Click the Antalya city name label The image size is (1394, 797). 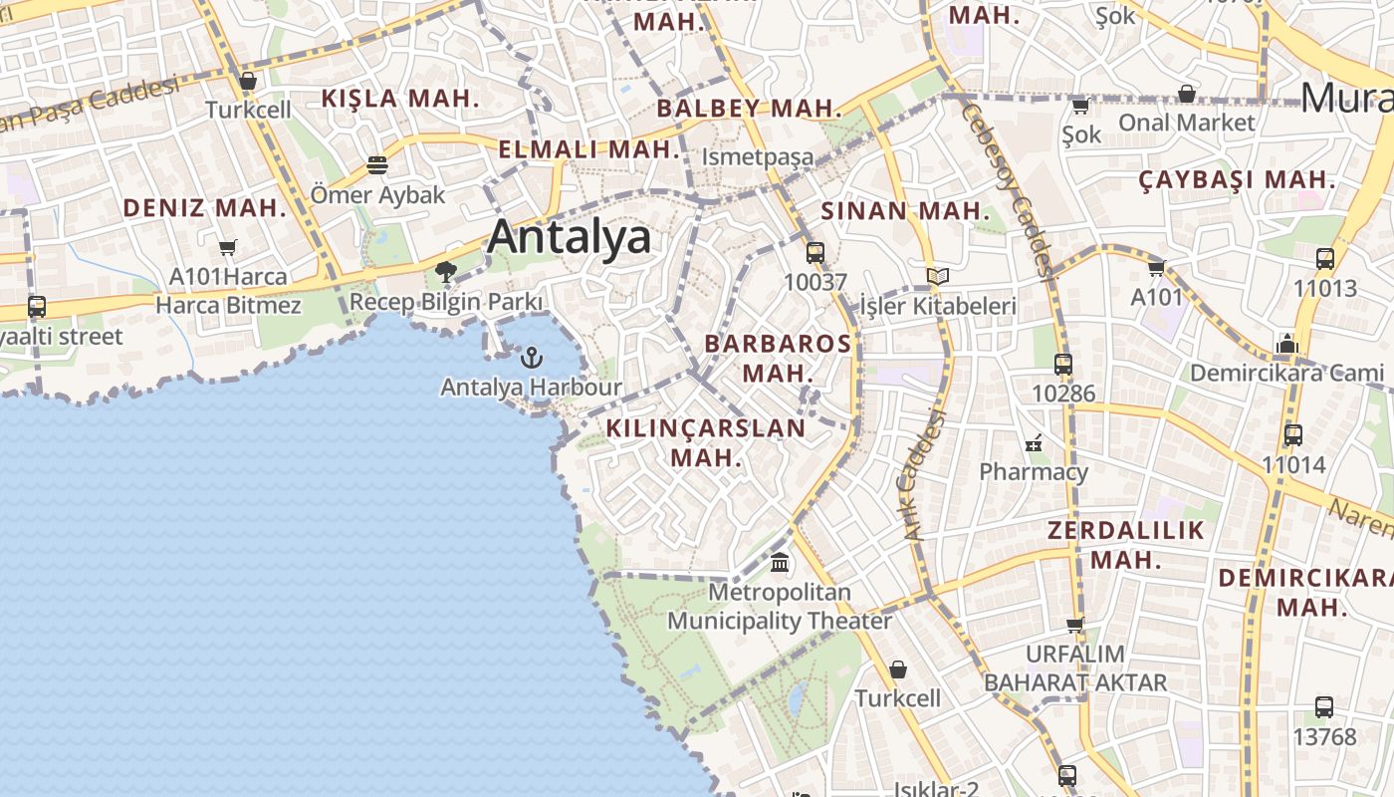click(x=570, y=237)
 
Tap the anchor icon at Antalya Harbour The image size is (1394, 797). click(x=533, y=358)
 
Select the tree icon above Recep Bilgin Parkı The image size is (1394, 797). click(x=446, y=271)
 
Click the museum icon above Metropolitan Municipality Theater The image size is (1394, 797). click(x=780, y=563)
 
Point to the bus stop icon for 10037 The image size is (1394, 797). click(x=815, y=253)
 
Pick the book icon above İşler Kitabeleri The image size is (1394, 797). click(x=937, y=276)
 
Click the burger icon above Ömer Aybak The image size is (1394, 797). click(x=377, y=164)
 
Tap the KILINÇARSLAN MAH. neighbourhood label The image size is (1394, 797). click(x=706, y=442)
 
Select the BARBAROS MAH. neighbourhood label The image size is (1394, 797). click(x=778, y=358)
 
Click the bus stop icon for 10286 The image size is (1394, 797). click(x=1063, y=365)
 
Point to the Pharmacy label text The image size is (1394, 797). click(x=1034, y=471)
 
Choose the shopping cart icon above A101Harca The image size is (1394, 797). click(x=228, y=246)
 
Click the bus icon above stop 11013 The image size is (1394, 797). click(x=1325, y=259)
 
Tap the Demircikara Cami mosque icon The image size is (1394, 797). click(x=1287, y=345)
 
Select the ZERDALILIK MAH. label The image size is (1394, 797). click(x=1126, y=544)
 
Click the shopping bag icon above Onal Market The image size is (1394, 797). click(x=1187, y=94)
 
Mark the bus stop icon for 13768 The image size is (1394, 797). click(x=1324, y=707)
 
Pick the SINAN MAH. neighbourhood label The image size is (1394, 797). click(x=906, y=211)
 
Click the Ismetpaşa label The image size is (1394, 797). click(x=758, y=157)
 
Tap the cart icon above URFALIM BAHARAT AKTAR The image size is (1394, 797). click(x=1075, y=625)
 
